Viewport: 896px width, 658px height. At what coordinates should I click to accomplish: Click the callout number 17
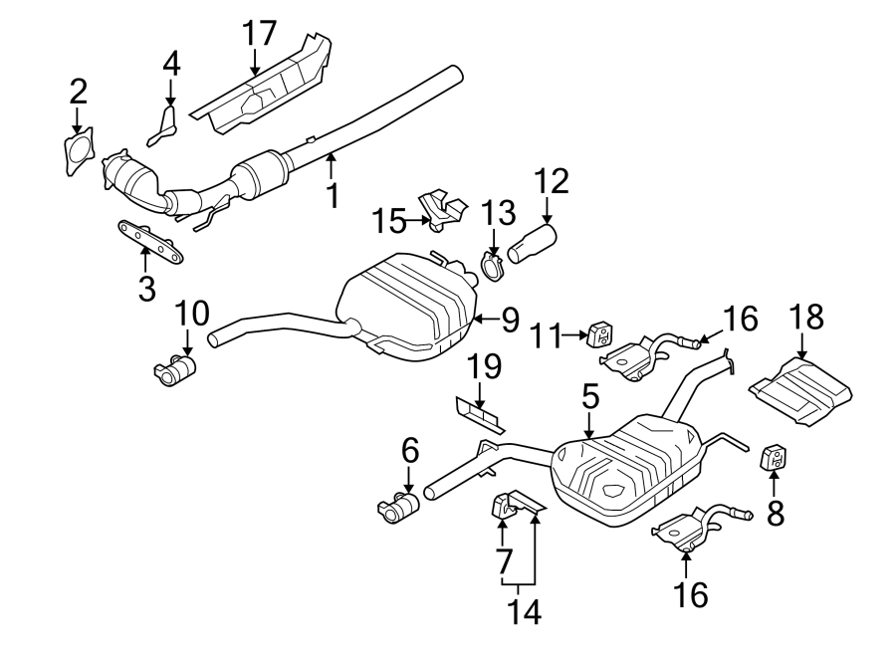[x=260, y=33]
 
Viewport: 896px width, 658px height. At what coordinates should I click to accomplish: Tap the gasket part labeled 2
[x=78, y=150]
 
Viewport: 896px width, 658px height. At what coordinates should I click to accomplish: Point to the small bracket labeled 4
[x=162, y=126]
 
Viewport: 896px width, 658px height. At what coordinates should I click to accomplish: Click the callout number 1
[x=333, y=194]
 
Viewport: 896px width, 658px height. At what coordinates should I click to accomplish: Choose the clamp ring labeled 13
[x=492, y=269]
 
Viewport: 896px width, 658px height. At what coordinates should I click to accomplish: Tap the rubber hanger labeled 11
[x=599, y=334]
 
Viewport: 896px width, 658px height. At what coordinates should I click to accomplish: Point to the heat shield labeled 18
[x=801, y=391]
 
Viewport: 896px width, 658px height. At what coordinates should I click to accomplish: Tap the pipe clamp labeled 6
[x=398, y=506]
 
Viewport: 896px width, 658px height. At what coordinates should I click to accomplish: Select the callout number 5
[x=589, y=396]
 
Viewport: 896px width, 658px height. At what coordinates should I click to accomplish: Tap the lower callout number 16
[x=691, y=594]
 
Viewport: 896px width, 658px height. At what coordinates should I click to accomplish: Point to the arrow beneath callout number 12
[x=547, y=210]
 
